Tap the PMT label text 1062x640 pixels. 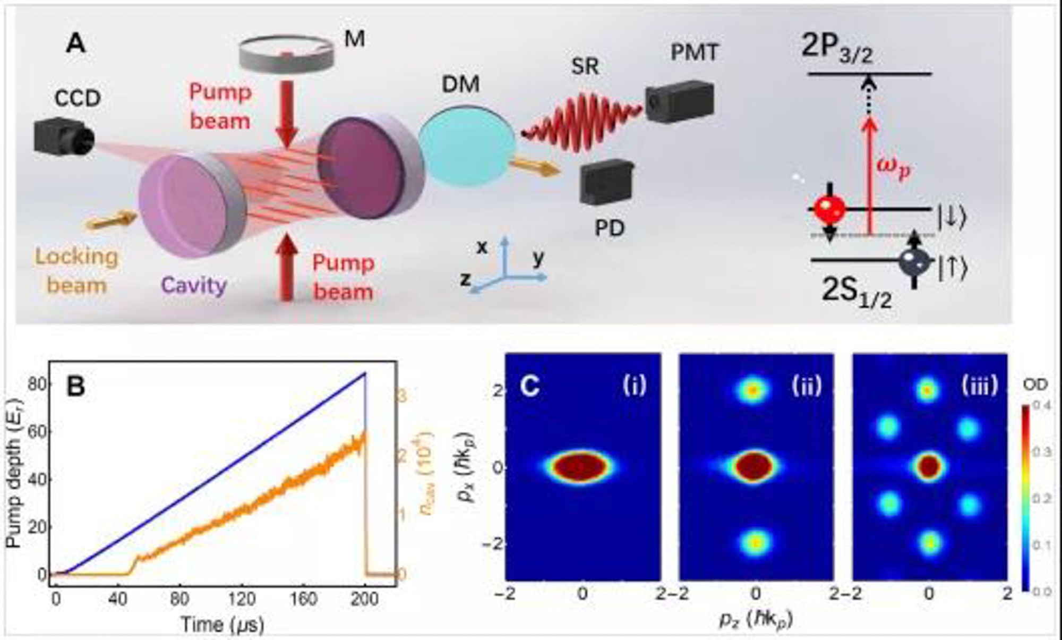[694, 53]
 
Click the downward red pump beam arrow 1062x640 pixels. [287, 113]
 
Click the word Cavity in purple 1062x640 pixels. [194, 286]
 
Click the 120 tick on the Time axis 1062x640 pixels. [242, 599]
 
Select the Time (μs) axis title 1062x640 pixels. [222, 625]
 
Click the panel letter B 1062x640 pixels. [75, 387]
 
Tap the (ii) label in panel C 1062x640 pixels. [806, 385]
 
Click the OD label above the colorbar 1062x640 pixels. [1034, 384]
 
